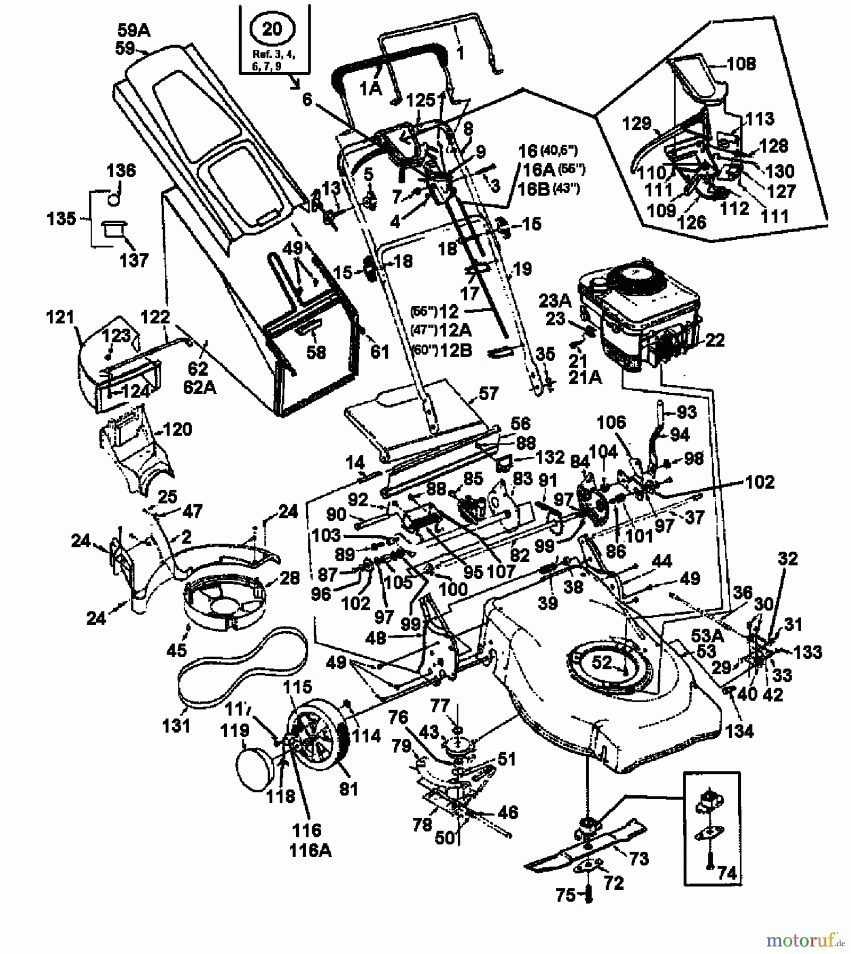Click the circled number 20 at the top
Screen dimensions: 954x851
(x=272, y=29)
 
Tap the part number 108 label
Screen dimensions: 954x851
(x=741, y=64)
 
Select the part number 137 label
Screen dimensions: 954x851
(x=134, y=260)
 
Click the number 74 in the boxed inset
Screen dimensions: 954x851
(x=727, y=873)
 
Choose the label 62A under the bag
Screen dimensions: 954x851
(x=200, y=387)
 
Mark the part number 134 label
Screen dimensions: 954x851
(x=739, y=731)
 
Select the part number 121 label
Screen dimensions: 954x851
(x=60, y=317)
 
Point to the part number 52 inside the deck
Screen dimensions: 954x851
(x=601, y=662)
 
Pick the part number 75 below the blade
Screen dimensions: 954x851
(x=565, y=895)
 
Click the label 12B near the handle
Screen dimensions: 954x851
(x=455, y=350)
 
